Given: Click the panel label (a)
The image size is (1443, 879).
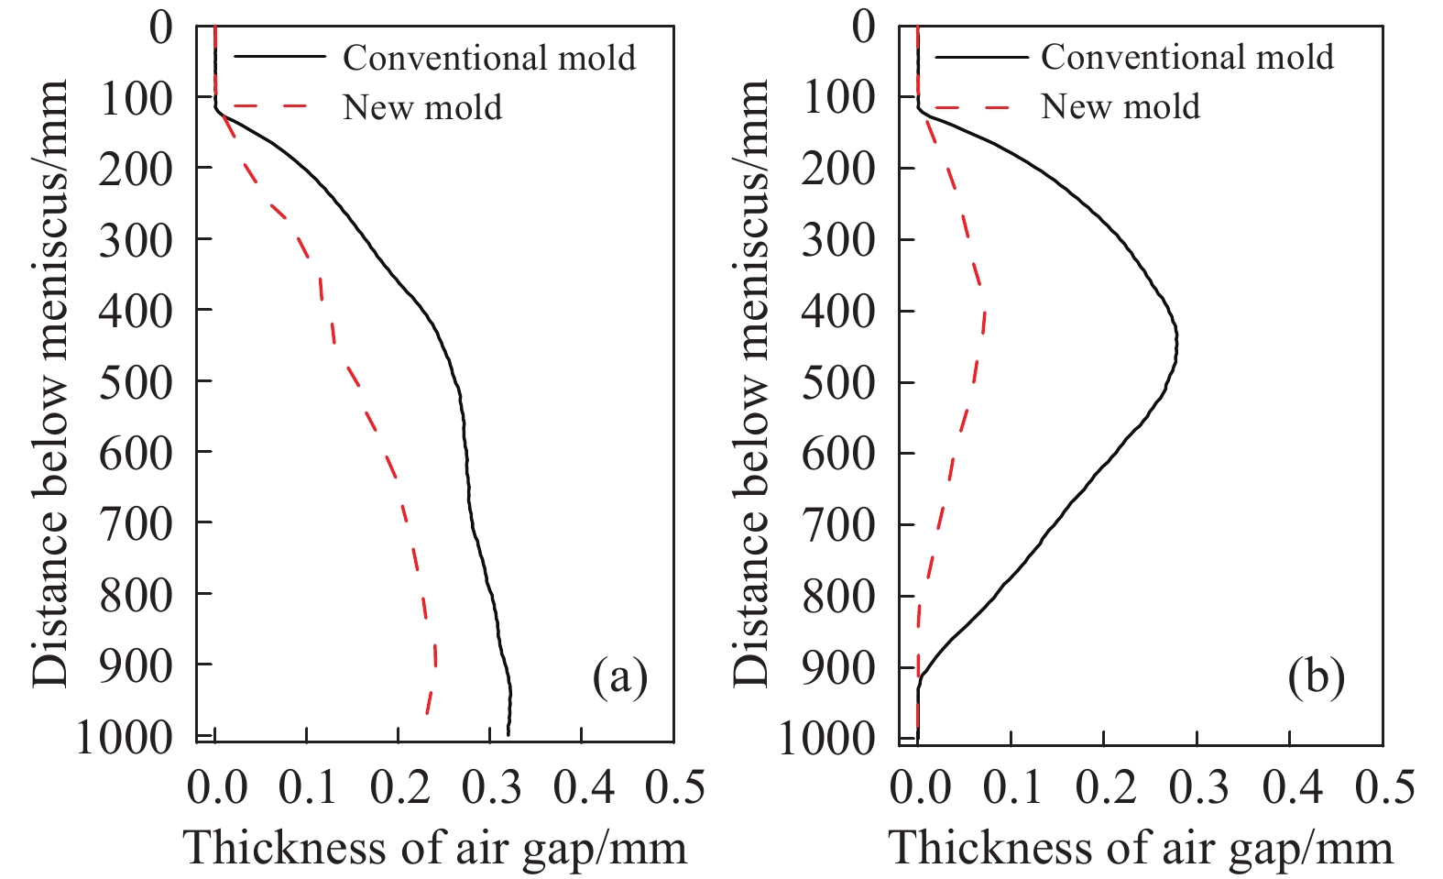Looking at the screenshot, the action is (x=619, y=677).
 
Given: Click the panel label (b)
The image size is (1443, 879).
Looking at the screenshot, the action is (x=1316, y=677).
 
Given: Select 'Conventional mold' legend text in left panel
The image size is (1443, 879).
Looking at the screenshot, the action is (x=489, y=58).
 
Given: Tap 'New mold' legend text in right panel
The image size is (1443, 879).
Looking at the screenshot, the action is (x=1121, y=106).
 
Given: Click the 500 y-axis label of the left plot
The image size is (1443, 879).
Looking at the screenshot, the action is (x=136, y=383).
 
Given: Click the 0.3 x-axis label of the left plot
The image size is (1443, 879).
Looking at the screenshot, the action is (x=491, y=787).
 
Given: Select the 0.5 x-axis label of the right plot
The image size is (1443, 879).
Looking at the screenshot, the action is (x=1384, y=787).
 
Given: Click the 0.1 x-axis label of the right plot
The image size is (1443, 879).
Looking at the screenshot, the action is (x=1012, y=787).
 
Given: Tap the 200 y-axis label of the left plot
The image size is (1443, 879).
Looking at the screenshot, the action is (x=136, y=170).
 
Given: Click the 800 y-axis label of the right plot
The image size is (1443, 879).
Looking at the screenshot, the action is (x=838, y=598).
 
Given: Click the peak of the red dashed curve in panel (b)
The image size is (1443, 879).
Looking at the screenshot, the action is (x=985, y=313).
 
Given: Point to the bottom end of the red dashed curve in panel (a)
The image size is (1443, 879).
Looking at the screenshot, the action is (x=426, y=713).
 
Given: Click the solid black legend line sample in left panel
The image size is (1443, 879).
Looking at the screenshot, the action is (x=279, y=57).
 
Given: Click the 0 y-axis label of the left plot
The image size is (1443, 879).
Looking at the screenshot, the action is (x=161, y=28).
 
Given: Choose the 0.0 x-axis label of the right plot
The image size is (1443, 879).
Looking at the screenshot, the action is (x=920, y=787).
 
